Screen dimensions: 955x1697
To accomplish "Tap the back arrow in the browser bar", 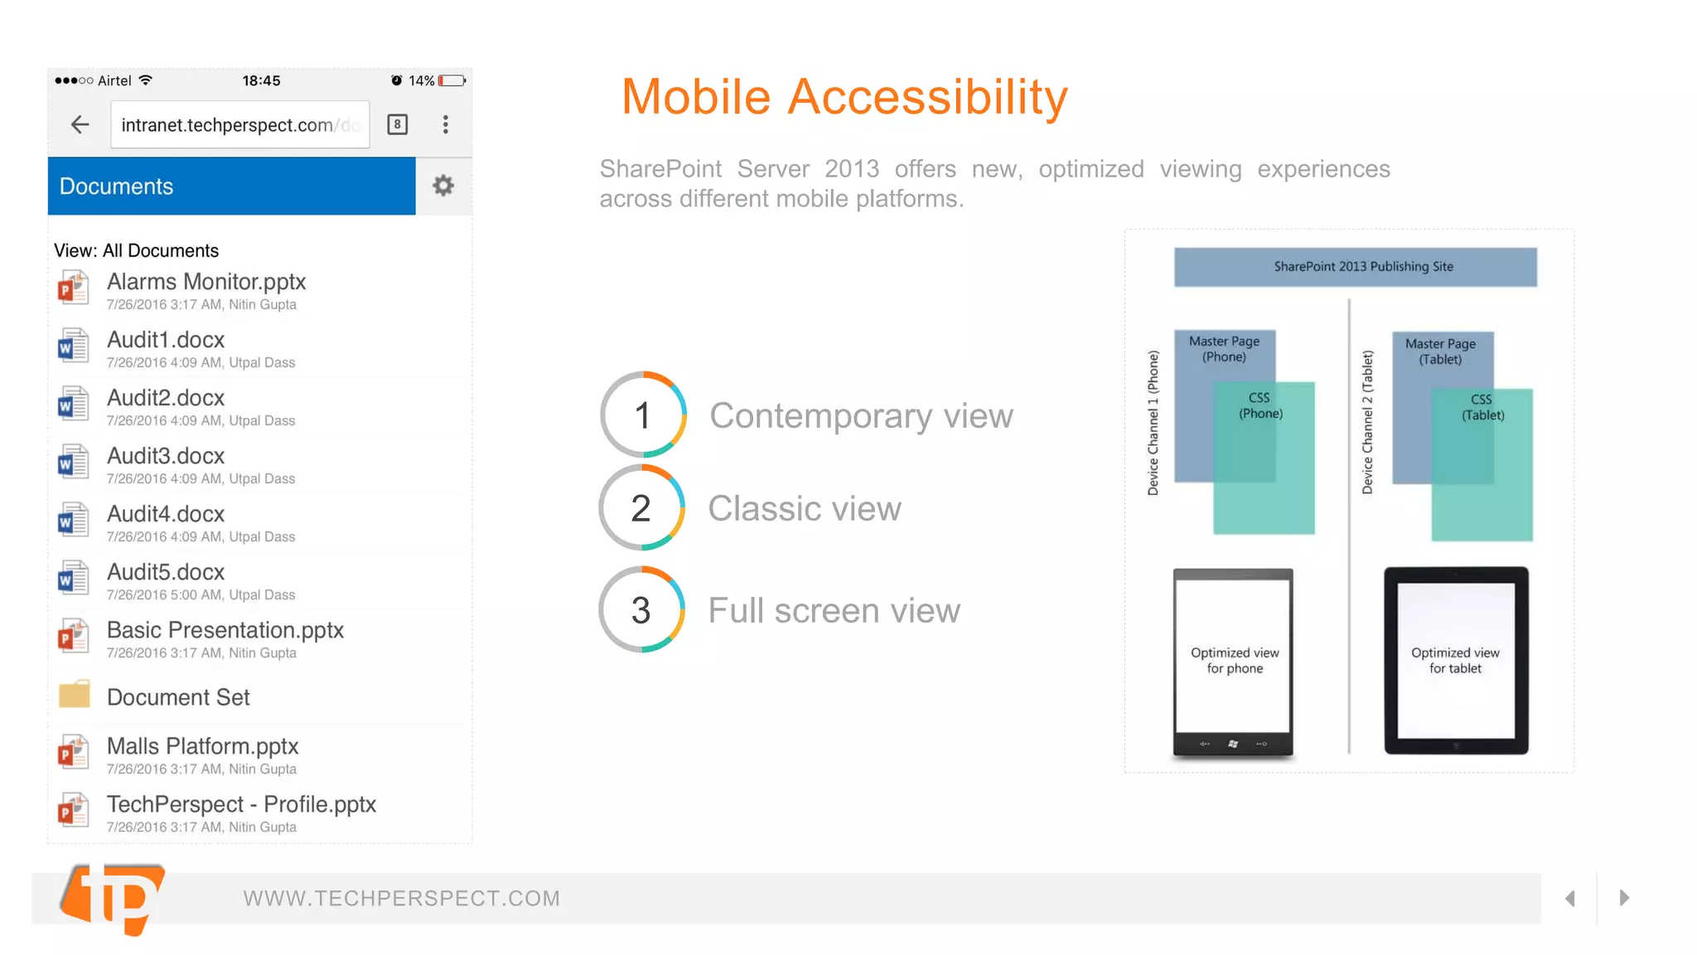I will tap(80, 124).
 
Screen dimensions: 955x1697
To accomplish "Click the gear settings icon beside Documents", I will tap(443, 186).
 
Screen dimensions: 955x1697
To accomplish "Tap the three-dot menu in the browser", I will tap(446, 124).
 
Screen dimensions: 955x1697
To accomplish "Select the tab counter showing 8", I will tap(398, 124).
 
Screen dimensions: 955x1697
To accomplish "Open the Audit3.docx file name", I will tap(166, 456).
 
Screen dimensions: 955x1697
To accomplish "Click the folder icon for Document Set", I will tap(74, 695).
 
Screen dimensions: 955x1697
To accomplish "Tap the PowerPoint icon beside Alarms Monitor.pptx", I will tap(73, 288).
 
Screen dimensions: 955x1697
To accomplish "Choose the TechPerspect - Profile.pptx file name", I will tap(241, 804).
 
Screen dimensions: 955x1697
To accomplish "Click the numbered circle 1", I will tap(643, 415).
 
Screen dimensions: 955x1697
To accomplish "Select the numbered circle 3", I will tap(641, 610).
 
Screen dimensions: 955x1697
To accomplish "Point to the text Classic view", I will tap(804, 508).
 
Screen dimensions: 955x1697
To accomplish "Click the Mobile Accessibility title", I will tap(844, 97).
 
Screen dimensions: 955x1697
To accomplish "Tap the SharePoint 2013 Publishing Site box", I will tap(1355, 267).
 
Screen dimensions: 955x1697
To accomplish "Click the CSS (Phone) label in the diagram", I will tap(1260, 405).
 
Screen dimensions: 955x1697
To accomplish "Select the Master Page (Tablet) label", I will tap(1440, 351).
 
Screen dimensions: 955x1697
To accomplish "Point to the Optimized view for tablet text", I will tap(1455, 661).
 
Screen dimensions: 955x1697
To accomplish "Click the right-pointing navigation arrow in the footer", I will tap(1624, 898).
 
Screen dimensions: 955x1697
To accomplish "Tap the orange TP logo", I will tap(114, 899).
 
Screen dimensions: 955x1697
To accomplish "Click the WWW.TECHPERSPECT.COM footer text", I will tap(402, 899).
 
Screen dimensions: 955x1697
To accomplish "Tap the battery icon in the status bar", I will tap(452, 80).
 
